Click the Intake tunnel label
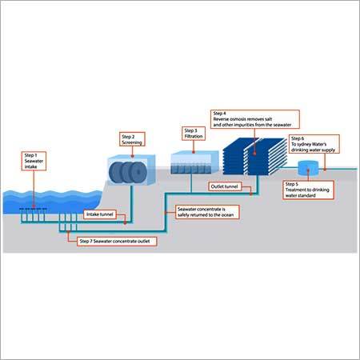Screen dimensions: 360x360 click(x=100, y=214)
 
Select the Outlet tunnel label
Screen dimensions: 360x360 click(x=226, y=186)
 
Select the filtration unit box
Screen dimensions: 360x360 click(x=191, y=164)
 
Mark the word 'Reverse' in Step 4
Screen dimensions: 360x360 click(x=226, y=120)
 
